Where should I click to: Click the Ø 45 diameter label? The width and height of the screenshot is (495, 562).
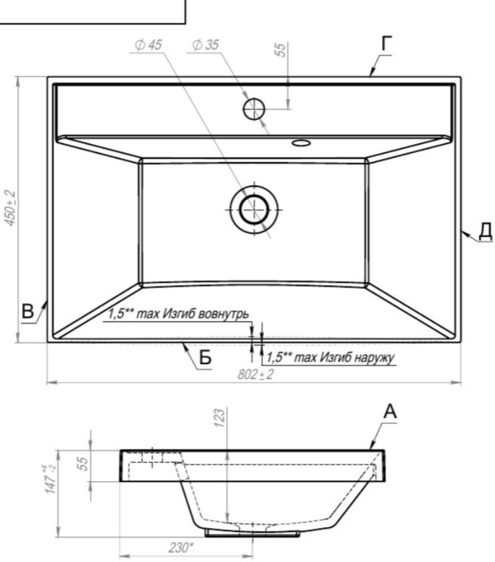pyautogui.click(x=148, y=45)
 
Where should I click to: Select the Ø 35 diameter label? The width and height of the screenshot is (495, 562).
pyautogui.click(x=205, y=45)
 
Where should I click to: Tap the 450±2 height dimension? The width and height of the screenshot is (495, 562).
pyautogui.click(x=11, y=208)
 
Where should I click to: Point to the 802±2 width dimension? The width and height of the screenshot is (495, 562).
pyautogui.click(x=256, y=375)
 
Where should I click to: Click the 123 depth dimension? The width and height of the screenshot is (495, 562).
pyautogui.click(x=219, y=417)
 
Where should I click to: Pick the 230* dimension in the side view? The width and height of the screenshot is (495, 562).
pyautogui.click(x=181, y=548)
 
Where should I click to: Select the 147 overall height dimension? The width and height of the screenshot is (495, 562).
pyautogui.click(x=51, y=479)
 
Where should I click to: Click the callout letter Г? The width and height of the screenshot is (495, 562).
pyautogui.click(x=387, y=43)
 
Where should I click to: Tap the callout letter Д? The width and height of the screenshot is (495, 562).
pyautogui.click(x=486, y=231)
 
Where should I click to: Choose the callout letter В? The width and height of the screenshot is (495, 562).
pyautogui.click(x=27, y=311)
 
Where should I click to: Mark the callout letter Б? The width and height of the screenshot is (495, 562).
pyautogui.click(x=205, y=357)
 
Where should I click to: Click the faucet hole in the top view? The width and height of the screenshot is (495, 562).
pyautogui.click(x=254, y=109)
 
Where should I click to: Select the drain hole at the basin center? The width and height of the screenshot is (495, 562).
pyautogui.click(x=254, y=209)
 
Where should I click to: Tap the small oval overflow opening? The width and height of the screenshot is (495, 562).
pyautogui.click(x=301, y=143)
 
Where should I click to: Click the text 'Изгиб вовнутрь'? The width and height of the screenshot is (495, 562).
pyautogui.click(x=205, y=314)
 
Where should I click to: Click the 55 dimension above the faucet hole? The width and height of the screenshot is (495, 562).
pyautogui.click(x=281, y=50)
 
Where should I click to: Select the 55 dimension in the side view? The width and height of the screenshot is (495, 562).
pyautogui.click(x=82, y=464)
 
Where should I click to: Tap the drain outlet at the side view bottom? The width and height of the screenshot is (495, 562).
pyautogui.click(x=252, y=534)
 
